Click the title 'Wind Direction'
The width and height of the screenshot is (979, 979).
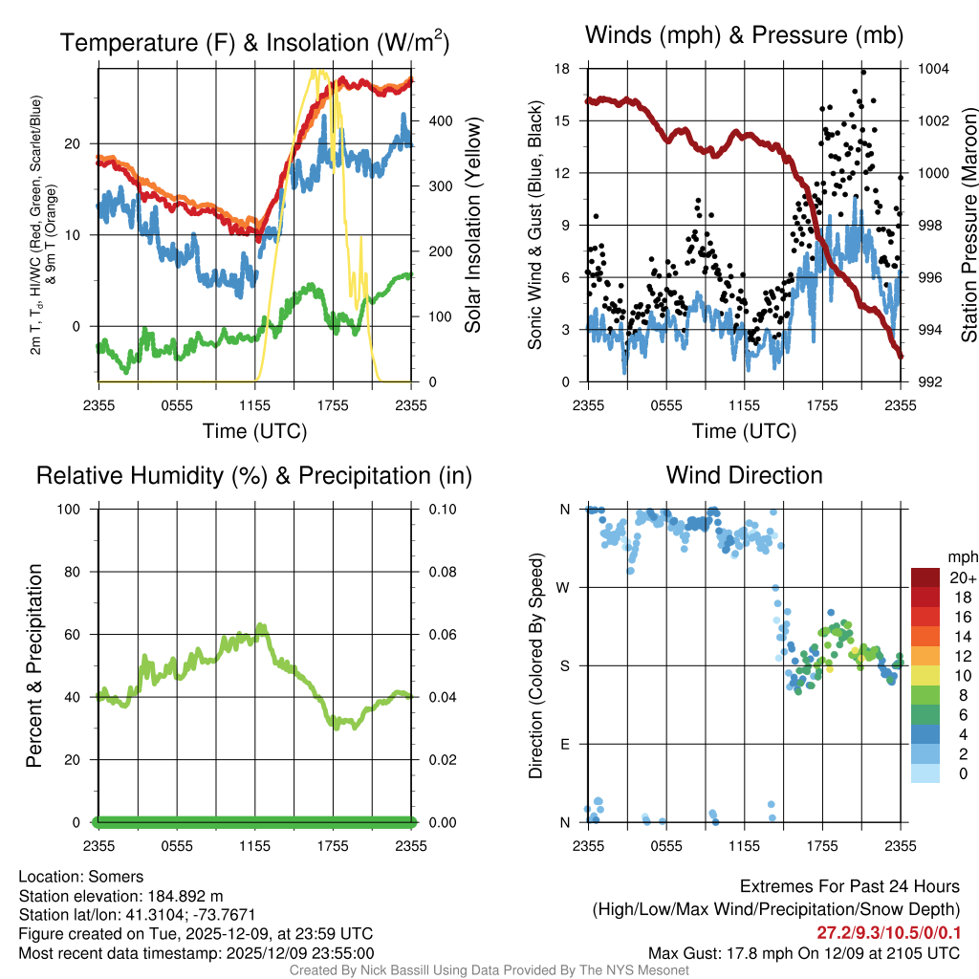click(x=744, y=475)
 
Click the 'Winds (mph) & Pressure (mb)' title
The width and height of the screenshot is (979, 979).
click(x=744, y=36)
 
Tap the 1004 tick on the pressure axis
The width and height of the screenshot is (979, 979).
click(x=932, y=69)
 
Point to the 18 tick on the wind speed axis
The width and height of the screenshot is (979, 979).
click(x=562, y=69)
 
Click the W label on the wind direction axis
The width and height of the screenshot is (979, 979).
click(x=565, y=587)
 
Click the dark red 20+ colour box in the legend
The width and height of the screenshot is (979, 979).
click(x=925, y=577)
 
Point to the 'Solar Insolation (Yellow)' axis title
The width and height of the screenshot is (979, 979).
click(x=473, y=226)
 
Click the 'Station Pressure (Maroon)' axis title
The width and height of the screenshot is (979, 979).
click(x=968, y=226)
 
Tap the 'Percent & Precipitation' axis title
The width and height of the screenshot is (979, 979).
click(x=33, y=665)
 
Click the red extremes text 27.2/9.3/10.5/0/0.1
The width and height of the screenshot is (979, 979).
click(x=888, y=933)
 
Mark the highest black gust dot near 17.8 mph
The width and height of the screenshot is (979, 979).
click(x=863, y=72)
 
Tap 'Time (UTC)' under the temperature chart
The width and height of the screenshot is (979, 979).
click(x=255, y=431)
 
